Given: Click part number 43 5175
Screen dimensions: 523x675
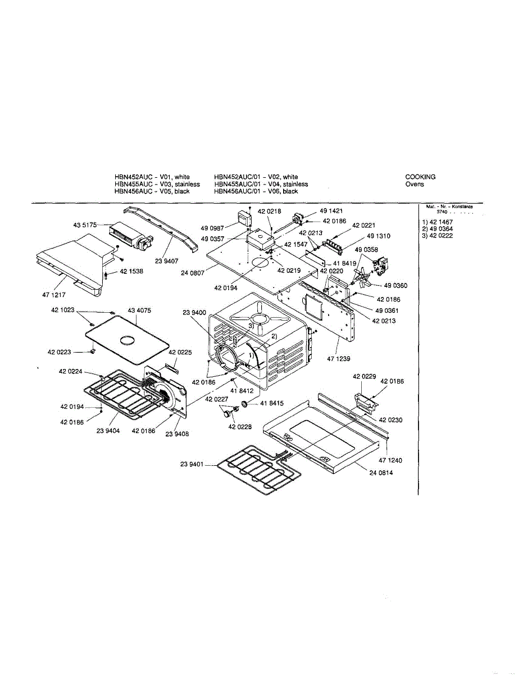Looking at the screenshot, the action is [x=84, y=225].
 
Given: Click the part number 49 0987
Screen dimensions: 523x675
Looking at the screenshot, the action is [x=212, y=228].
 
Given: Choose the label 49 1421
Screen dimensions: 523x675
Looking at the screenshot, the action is [x=331, y=211].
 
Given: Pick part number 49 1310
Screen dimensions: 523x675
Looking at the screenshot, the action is [x=379, y=236].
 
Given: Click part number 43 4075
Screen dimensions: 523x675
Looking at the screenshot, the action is [x=139, y=310].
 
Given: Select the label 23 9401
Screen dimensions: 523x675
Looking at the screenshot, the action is [x=192, y=465].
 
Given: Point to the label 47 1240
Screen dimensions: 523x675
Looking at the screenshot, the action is [x=390, y=461].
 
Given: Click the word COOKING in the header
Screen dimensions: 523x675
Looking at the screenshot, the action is [x=420, y=177].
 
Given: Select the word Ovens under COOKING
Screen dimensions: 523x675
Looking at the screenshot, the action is [x=415, y=184].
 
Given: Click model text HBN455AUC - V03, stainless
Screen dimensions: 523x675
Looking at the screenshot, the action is [x=157, y=184].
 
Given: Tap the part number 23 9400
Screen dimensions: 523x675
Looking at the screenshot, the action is [x=194, y=313].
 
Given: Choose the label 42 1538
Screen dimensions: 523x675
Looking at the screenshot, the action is [x=131, y=272].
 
